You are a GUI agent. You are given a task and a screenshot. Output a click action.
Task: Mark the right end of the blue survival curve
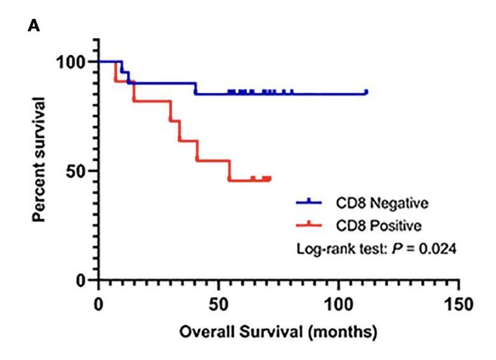[x=366, y=92]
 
